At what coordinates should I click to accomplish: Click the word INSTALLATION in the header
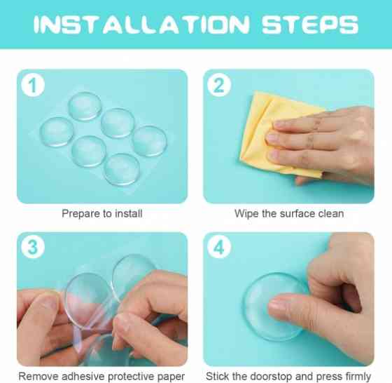click(x=141, y=25)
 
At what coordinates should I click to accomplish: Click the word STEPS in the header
click(x=310, y=25)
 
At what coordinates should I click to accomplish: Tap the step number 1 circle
click(x=33, y=85)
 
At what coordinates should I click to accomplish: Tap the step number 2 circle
click(x=219, y=85)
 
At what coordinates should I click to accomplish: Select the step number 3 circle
click(x=33, y=247)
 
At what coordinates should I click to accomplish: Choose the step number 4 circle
click(x=219, y=247)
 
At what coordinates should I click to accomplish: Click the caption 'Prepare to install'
click(x=102, y=214)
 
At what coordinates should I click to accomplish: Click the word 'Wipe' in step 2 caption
click(x=246, y=214)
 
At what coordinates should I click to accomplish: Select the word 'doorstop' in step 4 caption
click(x=272, y=376)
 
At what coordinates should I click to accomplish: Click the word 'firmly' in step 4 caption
click(x=358, y=377)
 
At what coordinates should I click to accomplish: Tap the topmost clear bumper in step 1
click(x=85, y=106)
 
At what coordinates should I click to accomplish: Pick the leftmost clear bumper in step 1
click(x=57, y=132)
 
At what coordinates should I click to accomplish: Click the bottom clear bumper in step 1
click(x=122, y=169)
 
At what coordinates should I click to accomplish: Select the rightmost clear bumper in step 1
click(x=150, y=141)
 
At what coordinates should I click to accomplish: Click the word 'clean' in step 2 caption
click(x=331, y=214)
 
